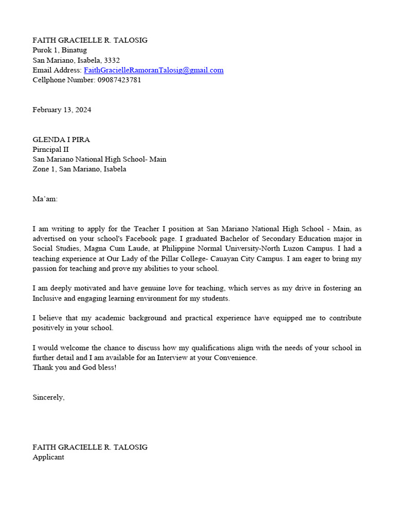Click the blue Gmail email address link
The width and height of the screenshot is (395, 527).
[153, 70]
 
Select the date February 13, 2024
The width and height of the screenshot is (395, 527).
[62, 110]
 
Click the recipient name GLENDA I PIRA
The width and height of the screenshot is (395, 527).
[61, 139]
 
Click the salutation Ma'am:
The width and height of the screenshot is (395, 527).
[45, 199]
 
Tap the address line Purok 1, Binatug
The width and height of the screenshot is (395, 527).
[60, 50]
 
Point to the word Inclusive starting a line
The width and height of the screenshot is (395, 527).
[49, 298]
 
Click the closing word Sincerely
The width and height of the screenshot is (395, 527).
[48, 397]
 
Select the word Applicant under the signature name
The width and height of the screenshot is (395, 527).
[48, 457]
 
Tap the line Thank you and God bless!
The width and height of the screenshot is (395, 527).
[75, 367]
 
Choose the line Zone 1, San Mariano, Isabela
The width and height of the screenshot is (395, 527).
[79, 169]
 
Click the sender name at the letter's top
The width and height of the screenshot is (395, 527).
[90, 40]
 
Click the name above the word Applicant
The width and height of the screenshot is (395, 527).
[90, 447]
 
